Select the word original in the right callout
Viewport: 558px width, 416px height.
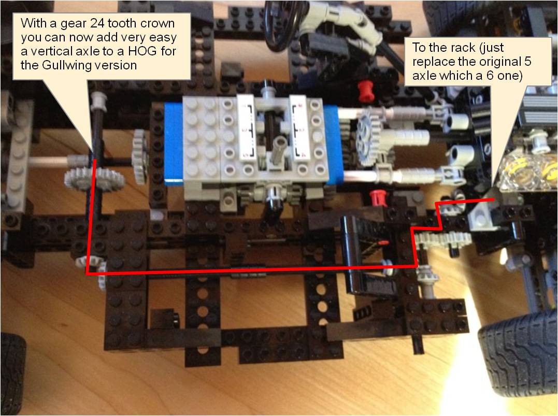[490, 62]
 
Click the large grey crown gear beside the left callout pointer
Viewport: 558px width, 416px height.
[94, 179]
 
